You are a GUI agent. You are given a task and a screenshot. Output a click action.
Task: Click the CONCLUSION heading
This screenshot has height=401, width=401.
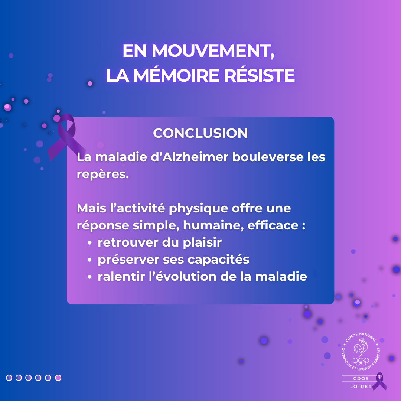pyautogui.click(x=200, y=133)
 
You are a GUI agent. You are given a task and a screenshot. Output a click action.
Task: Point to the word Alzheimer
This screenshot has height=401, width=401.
pyautogui.click(x=195, y=157)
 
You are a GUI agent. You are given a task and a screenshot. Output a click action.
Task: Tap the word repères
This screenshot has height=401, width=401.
pyautogui.click(x=103, y=175)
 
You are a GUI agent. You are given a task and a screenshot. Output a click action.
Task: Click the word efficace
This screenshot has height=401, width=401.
pyautogui.click(x=273, y=225)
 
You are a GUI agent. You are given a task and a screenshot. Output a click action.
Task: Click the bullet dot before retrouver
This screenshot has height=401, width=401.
pyautogui.click(x=89, y=243)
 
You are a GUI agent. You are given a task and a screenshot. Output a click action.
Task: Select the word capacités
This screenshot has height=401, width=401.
pyautogui.click(x=218, y=260)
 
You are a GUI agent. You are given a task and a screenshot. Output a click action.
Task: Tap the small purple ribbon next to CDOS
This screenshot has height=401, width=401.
pyautogui.click(x=380, y=381)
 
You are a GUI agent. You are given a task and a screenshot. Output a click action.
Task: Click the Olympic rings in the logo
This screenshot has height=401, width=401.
pyautogui.click(x=361, y=361)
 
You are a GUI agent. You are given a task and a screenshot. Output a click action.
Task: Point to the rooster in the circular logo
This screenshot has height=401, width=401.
pyautogui.click(x=361, y=347)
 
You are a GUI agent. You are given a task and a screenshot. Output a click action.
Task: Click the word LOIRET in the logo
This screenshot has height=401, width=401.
pyautogui.click(x=361, y=387)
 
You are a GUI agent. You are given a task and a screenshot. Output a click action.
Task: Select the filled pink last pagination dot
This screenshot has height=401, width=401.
pyautogui.click(x=58, y=378)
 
